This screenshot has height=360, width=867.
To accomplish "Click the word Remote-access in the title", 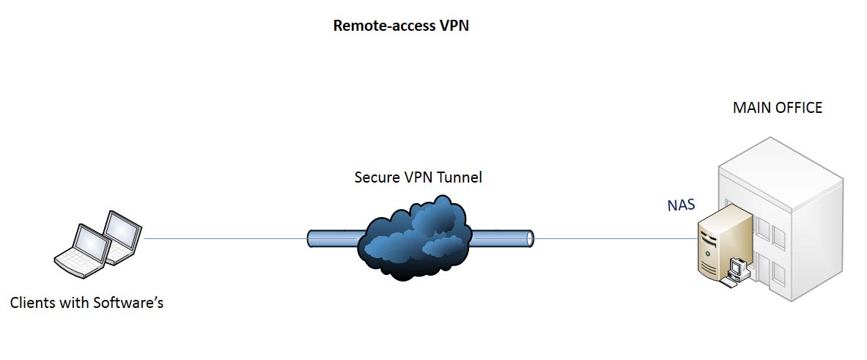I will coord(375,26).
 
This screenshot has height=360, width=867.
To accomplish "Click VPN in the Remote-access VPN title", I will coord(454,26).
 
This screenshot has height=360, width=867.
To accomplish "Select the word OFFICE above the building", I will coord(799,109).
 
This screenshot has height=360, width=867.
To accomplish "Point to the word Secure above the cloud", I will coord(377,177).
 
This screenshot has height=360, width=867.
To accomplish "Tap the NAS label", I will coord(680,205).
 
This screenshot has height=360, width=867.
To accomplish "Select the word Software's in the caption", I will coord(128,302).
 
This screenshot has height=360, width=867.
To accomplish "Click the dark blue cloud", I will coord(413,238).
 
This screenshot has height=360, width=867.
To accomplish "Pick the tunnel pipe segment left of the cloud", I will coord(333,238).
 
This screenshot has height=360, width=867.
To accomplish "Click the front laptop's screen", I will coord(91,244).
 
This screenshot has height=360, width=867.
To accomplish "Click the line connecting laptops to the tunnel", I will coord(224,238).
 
